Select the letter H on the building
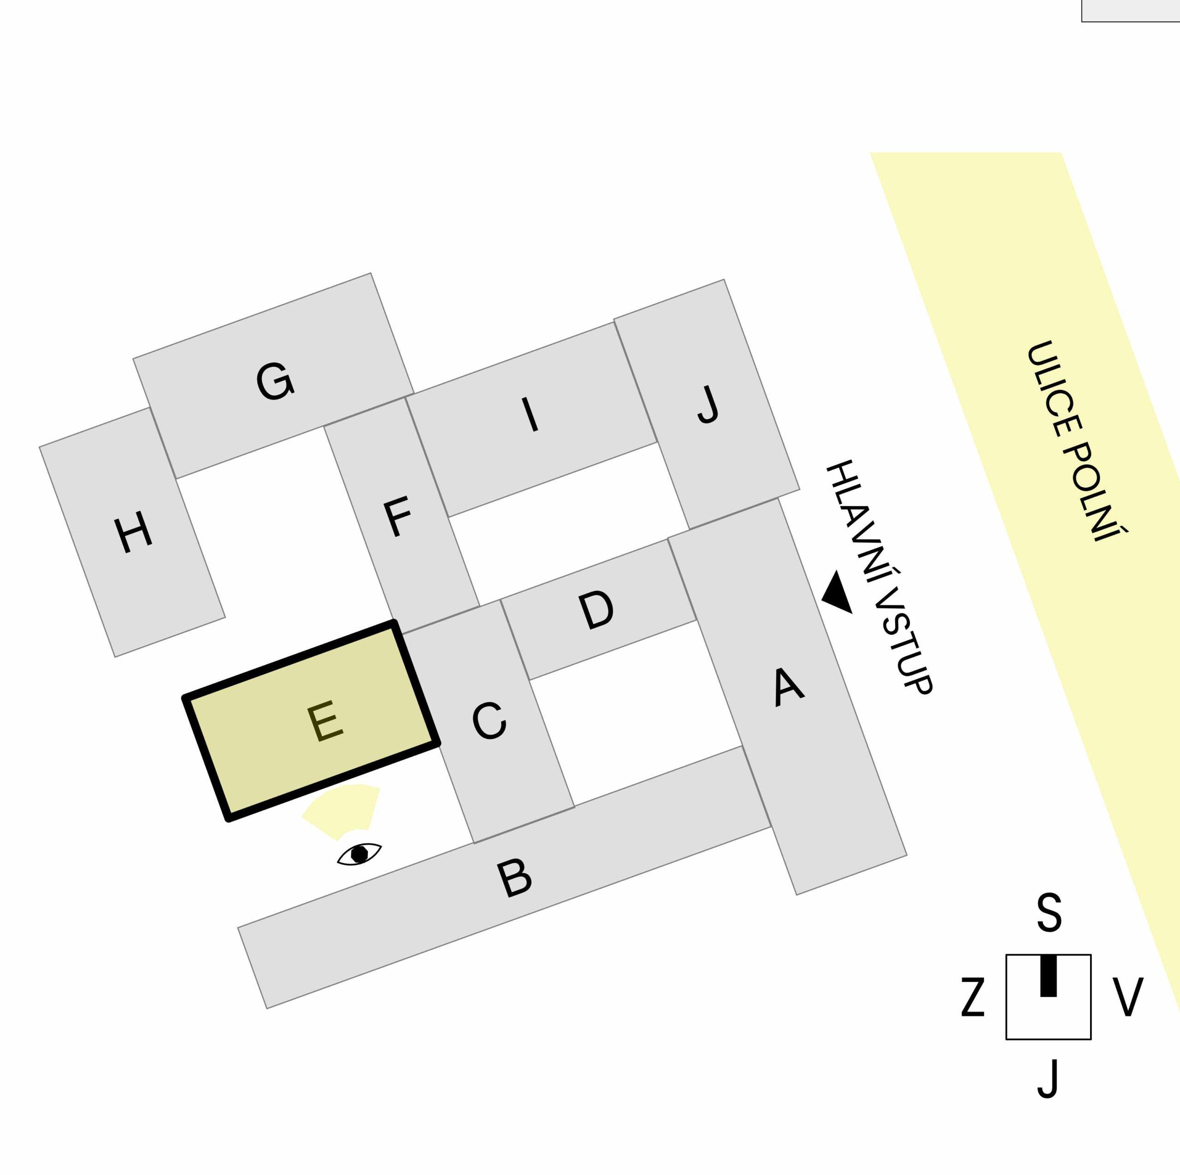(133, 532)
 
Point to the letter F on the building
(398, 517)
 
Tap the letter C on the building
(489, 721)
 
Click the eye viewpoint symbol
(359, 854)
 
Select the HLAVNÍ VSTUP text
(879, 577)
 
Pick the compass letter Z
(973, 997)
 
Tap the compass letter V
(1127, 997)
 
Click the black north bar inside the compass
(1048, 975)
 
